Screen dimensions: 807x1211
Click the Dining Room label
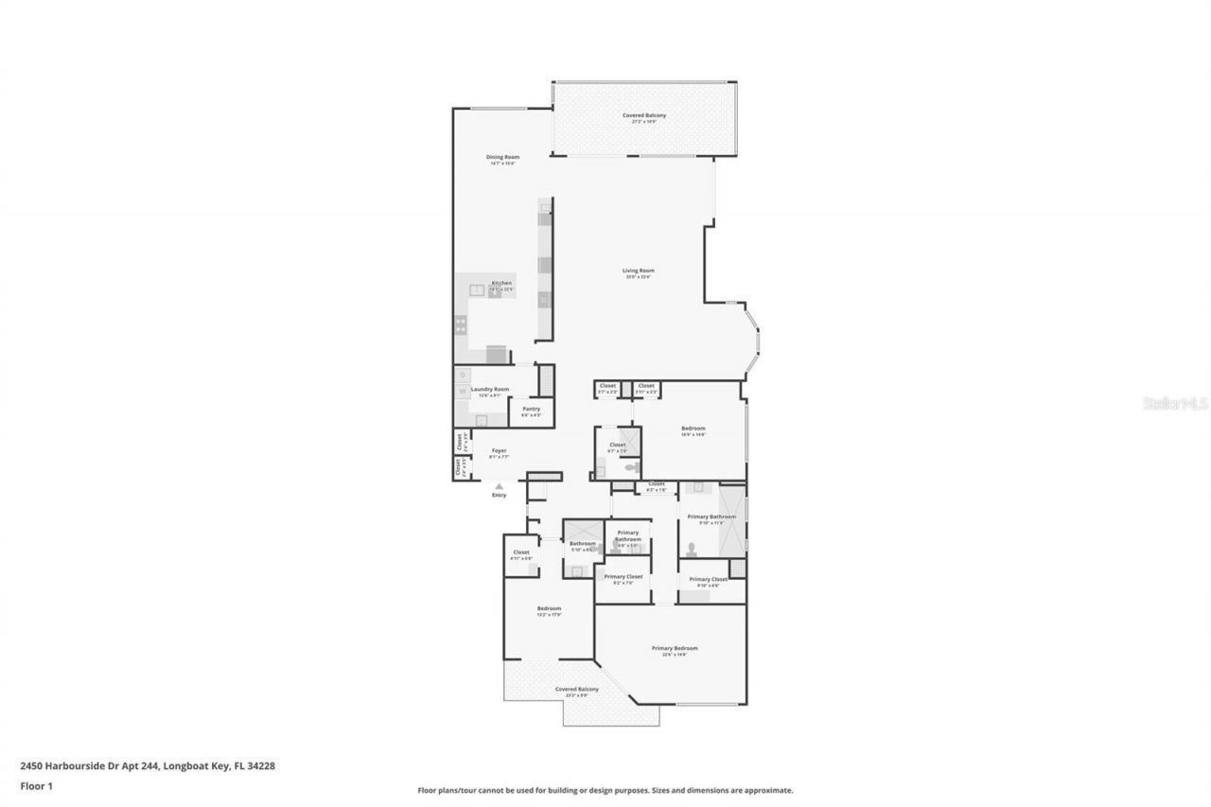502,157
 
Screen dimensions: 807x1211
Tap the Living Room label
639,271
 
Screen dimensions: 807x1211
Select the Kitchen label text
501,284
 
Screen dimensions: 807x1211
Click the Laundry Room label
490,389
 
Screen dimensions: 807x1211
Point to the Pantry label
531,409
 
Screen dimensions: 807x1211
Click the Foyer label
499,450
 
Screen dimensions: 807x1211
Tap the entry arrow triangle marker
499,486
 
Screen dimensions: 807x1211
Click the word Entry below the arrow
499,496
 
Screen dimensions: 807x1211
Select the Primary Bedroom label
675,648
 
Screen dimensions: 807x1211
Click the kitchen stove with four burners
461,325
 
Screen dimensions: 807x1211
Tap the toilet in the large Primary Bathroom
693,548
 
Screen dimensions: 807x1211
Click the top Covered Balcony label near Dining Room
643,115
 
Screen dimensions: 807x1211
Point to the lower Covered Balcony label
577,690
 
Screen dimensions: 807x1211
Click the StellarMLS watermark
1176,403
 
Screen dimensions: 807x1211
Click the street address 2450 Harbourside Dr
148,765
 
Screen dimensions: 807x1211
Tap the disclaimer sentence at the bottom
605,790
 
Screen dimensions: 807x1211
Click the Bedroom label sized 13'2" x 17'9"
549,608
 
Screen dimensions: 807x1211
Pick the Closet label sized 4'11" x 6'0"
521,553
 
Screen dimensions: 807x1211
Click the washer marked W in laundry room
463,390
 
